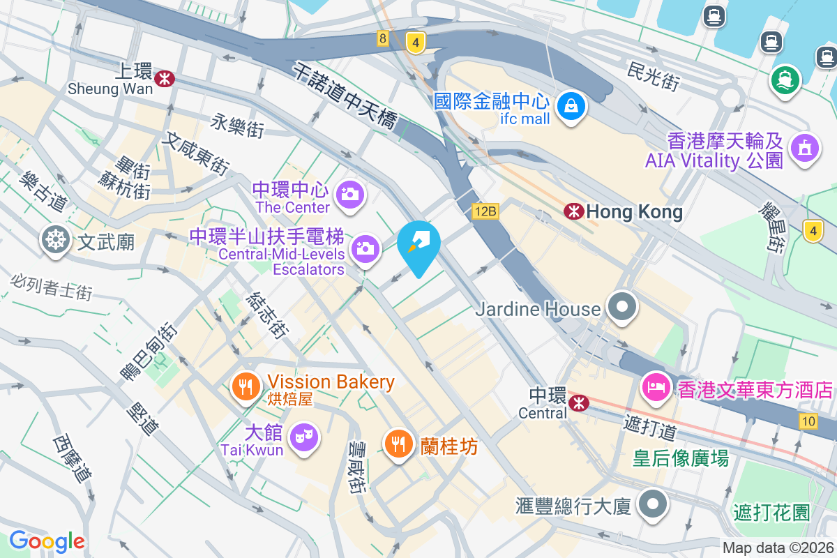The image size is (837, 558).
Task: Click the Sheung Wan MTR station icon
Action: [x=165, y=78]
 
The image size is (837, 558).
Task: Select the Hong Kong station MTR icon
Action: [x=574, y=211]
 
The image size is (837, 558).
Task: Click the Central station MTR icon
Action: [x=578, y=402]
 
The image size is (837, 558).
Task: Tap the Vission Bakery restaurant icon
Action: [x=245, y=385]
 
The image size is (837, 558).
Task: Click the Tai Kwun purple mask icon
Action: [x=304, y=437]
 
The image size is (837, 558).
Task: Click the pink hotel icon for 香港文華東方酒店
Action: [x=656, y=386]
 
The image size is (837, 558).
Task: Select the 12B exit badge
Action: [x=485, y=211]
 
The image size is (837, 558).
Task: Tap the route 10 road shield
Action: [x=809, y=421]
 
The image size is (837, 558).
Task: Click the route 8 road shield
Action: [x=382, y=39]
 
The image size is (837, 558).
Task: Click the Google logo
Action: [x=47, y=541]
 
